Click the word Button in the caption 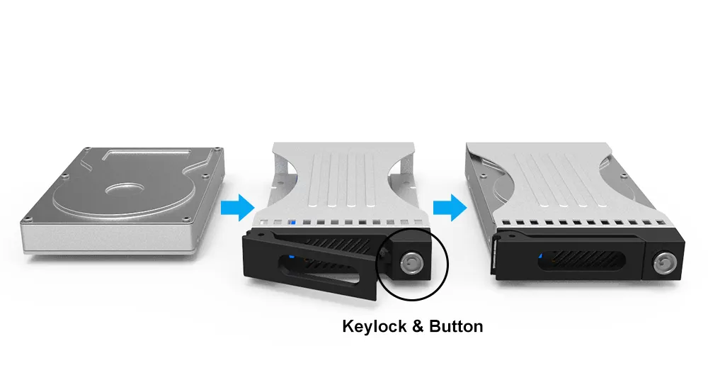[x=455, y=326]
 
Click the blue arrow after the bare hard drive [x=237, y=208]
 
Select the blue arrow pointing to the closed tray [x=450, y=208]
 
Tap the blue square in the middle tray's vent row [x=293, y=223]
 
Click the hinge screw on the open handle [x=261, y=235]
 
